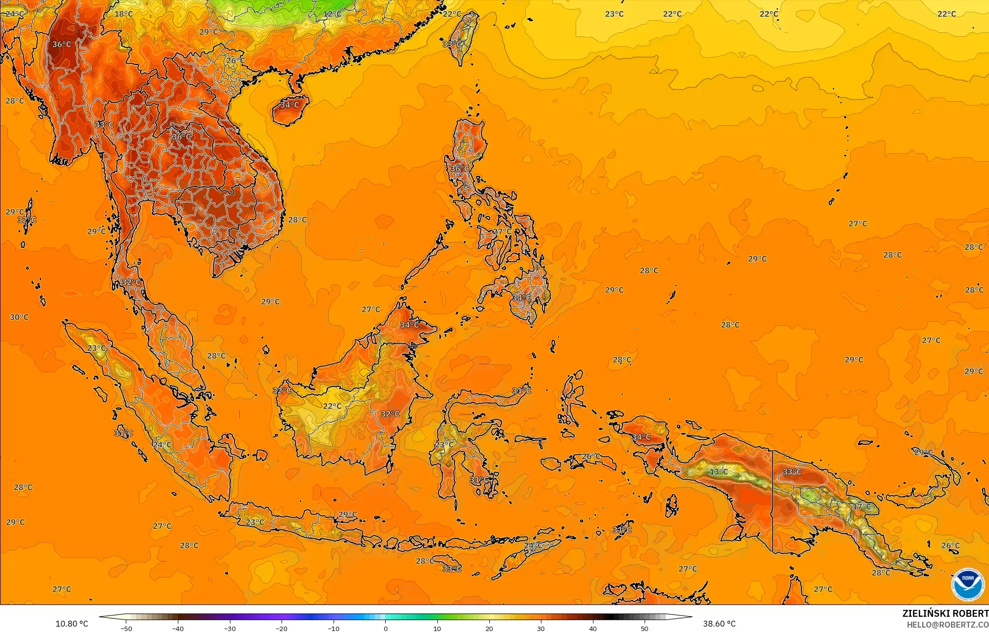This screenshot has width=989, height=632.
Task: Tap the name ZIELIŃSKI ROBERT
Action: click(945, 613)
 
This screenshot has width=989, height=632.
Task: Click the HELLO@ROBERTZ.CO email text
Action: click(947, 625)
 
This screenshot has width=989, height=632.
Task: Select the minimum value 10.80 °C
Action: click(72, 624)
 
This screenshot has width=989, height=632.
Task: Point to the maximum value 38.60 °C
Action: click(719, 624)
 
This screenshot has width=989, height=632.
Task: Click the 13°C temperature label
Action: click(719, 472)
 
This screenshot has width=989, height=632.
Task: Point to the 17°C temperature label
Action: click(861, 506)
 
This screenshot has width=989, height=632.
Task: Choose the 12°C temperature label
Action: click(332, 14)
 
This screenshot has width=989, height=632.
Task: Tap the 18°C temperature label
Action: click(123, 14)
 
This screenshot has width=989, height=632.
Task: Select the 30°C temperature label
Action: click(19, 317)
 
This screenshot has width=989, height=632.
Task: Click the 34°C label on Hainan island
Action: click(289, 105)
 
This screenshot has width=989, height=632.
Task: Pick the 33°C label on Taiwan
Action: click(452, 44)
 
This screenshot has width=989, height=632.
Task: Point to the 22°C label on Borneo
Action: click(332, 406)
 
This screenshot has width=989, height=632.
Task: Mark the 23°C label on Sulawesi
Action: click(444, 445)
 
